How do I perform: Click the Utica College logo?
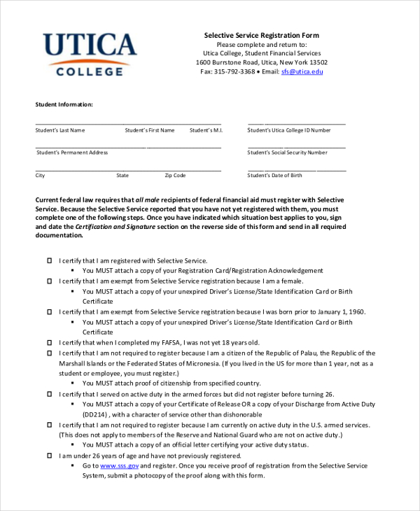point(90,53)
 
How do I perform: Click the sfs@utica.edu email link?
point(302,71)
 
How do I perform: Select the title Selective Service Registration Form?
point(261,35)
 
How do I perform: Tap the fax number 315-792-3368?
point(234,71)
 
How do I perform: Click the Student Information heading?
point(64,104)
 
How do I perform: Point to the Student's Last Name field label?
point(60,130)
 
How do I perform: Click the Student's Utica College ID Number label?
point(288,130)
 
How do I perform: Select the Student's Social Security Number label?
point(287,153)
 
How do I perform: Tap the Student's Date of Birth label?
point(274,175)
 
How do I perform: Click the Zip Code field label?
point(175,175)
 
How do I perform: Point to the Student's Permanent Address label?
point(72,153)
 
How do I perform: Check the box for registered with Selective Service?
point(50,260)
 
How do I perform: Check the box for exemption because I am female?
point(50,281)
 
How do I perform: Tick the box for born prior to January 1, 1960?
point(50,311)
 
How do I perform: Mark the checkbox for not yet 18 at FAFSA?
point(50,342)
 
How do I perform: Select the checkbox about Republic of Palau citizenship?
point(50,353)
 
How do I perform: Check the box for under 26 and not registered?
point(50,455)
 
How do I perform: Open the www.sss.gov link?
point(120,465)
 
